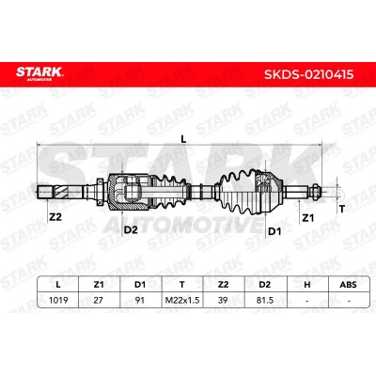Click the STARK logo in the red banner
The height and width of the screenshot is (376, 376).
(39, 73)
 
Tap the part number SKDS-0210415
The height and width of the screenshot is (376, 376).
(309, 74)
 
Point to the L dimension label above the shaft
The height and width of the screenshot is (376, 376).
(183, 139)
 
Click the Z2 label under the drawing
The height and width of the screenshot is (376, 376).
(55, 217)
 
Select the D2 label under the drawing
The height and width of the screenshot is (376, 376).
(131, 230)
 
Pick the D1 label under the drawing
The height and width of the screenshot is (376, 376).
(274, 231)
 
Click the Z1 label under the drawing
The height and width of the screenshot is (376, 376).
(307, 217)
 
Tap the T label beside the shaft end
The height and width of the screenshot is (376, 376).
(342, 209)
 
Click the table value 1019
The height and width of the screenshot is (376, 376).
(58, 300)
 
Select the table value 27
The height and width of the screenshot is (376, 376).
(99, 300)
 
